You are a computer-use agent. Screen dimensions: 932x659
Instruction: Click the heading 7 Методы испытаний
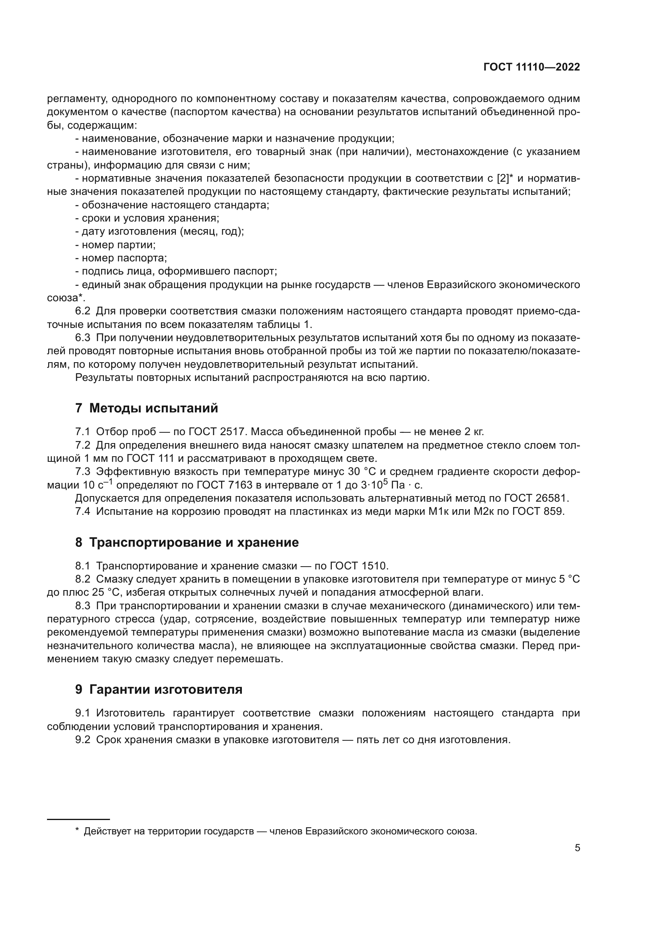point(147,408)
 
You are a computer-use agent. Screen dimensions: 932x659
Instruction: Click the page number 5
point(577,848)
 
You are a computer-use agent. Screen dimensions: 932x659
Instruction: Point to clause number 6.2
point(83,311)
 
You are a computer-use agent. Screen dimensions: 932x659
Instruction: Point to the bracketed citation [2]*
point(505,178)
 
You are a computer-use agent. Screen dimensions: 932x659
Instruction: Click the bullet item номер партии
point(115,245)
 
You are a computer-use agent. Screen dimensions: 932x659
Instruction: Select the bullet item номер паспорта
point(121,258)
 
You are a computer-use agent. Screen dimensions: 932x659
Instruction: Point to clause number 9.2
point(83,740)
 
